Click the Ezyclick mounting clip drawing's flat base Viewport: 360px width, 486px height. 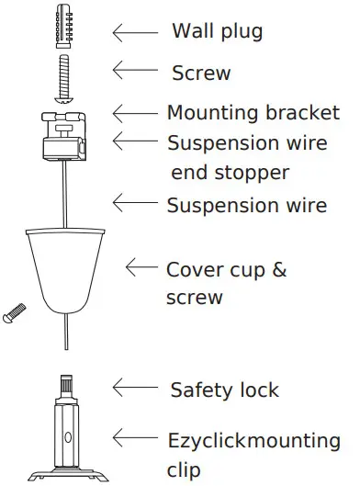66,473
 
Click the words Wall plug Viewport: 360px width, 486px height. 217,32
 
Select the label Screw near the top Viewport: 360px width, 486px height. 201,73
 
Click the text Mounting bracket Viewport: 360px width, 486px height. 253,114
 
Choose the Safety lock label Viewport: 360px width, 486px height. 224,390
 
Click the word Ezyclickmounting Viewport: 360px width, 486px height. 253,441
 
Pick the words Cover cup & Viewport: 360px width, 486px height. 226,270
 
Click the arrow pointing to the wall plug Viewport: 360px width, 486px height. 133,32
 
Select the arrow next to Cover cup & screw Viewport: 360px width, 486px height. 142,267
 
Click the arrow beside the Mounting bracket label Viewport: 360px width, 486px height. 133,112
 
